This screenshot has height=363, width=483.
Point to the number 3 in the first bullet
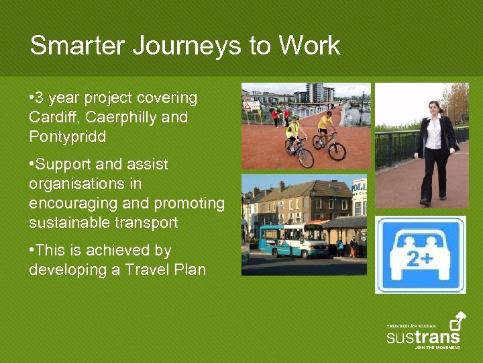click(x=42, y=98)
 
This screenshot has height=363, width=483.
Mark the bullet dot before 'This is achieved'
click(x=32, y=251)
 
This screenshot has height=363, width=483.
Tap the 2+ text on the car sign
click(x=420, y=259)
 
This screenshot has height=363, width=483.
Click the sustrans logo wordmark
click(x=423, y=335)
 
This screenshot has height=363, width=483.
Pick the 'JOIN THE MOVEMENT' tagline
click(x=437, y=348)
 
